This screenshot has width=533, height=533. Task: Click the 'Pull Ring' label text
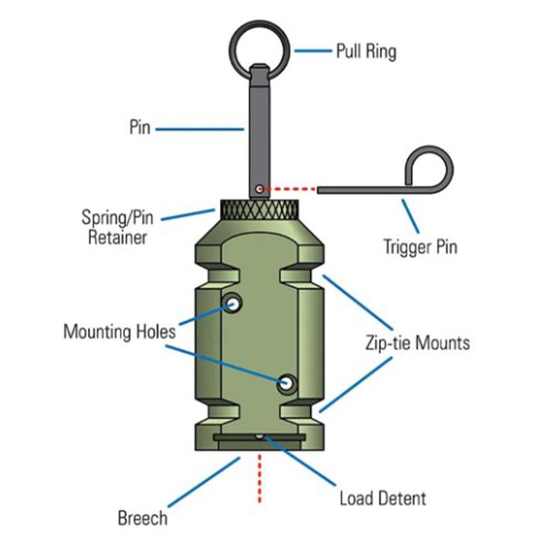tap(366, 51)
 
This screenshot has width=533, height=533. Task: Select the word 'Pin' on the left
tap(139, 128)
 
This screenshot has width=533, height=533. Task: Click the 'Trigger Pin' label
tap(420, 247)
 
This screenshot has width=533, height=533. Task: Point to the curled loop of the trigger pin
tap(432, 165)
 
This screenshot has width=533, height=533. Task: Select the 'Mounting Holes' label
tap(120, 331)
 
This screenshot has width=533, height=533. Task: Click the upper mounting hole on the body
tap(233, 303)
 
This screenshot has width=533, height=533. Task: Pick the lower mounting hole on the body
tap(287, 383)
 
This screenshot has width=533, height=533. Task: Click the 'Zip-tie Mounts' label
tap(417, 343)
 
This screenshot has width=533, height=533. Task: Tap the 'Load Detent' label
tap(382, 497)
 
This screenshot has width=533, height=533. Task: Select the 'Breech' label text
tap(143, 517)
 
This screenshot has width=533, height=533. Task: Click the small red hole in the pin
tap(261, 188)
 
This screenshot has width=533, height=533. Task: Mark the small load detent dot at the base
tap(260, 436)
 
